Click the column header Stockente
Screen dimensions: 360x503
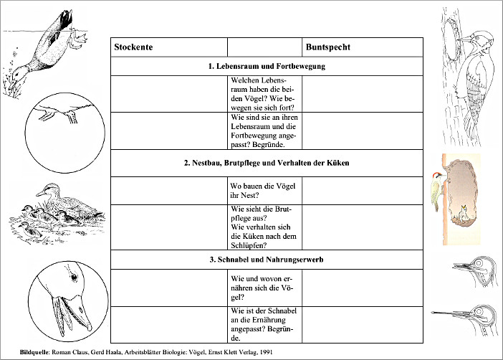[x=134, y=47]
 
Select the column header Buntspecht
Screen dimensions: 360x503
[x=328, y=47]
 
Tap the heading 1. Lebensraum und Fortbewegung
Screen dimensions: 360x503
[x=267, y=66]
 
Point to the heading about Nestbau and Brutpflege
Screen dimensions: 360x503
[x=267, y=163]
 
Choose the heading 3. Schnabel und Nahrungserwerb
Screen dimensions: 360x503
[x=267, y=258]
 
